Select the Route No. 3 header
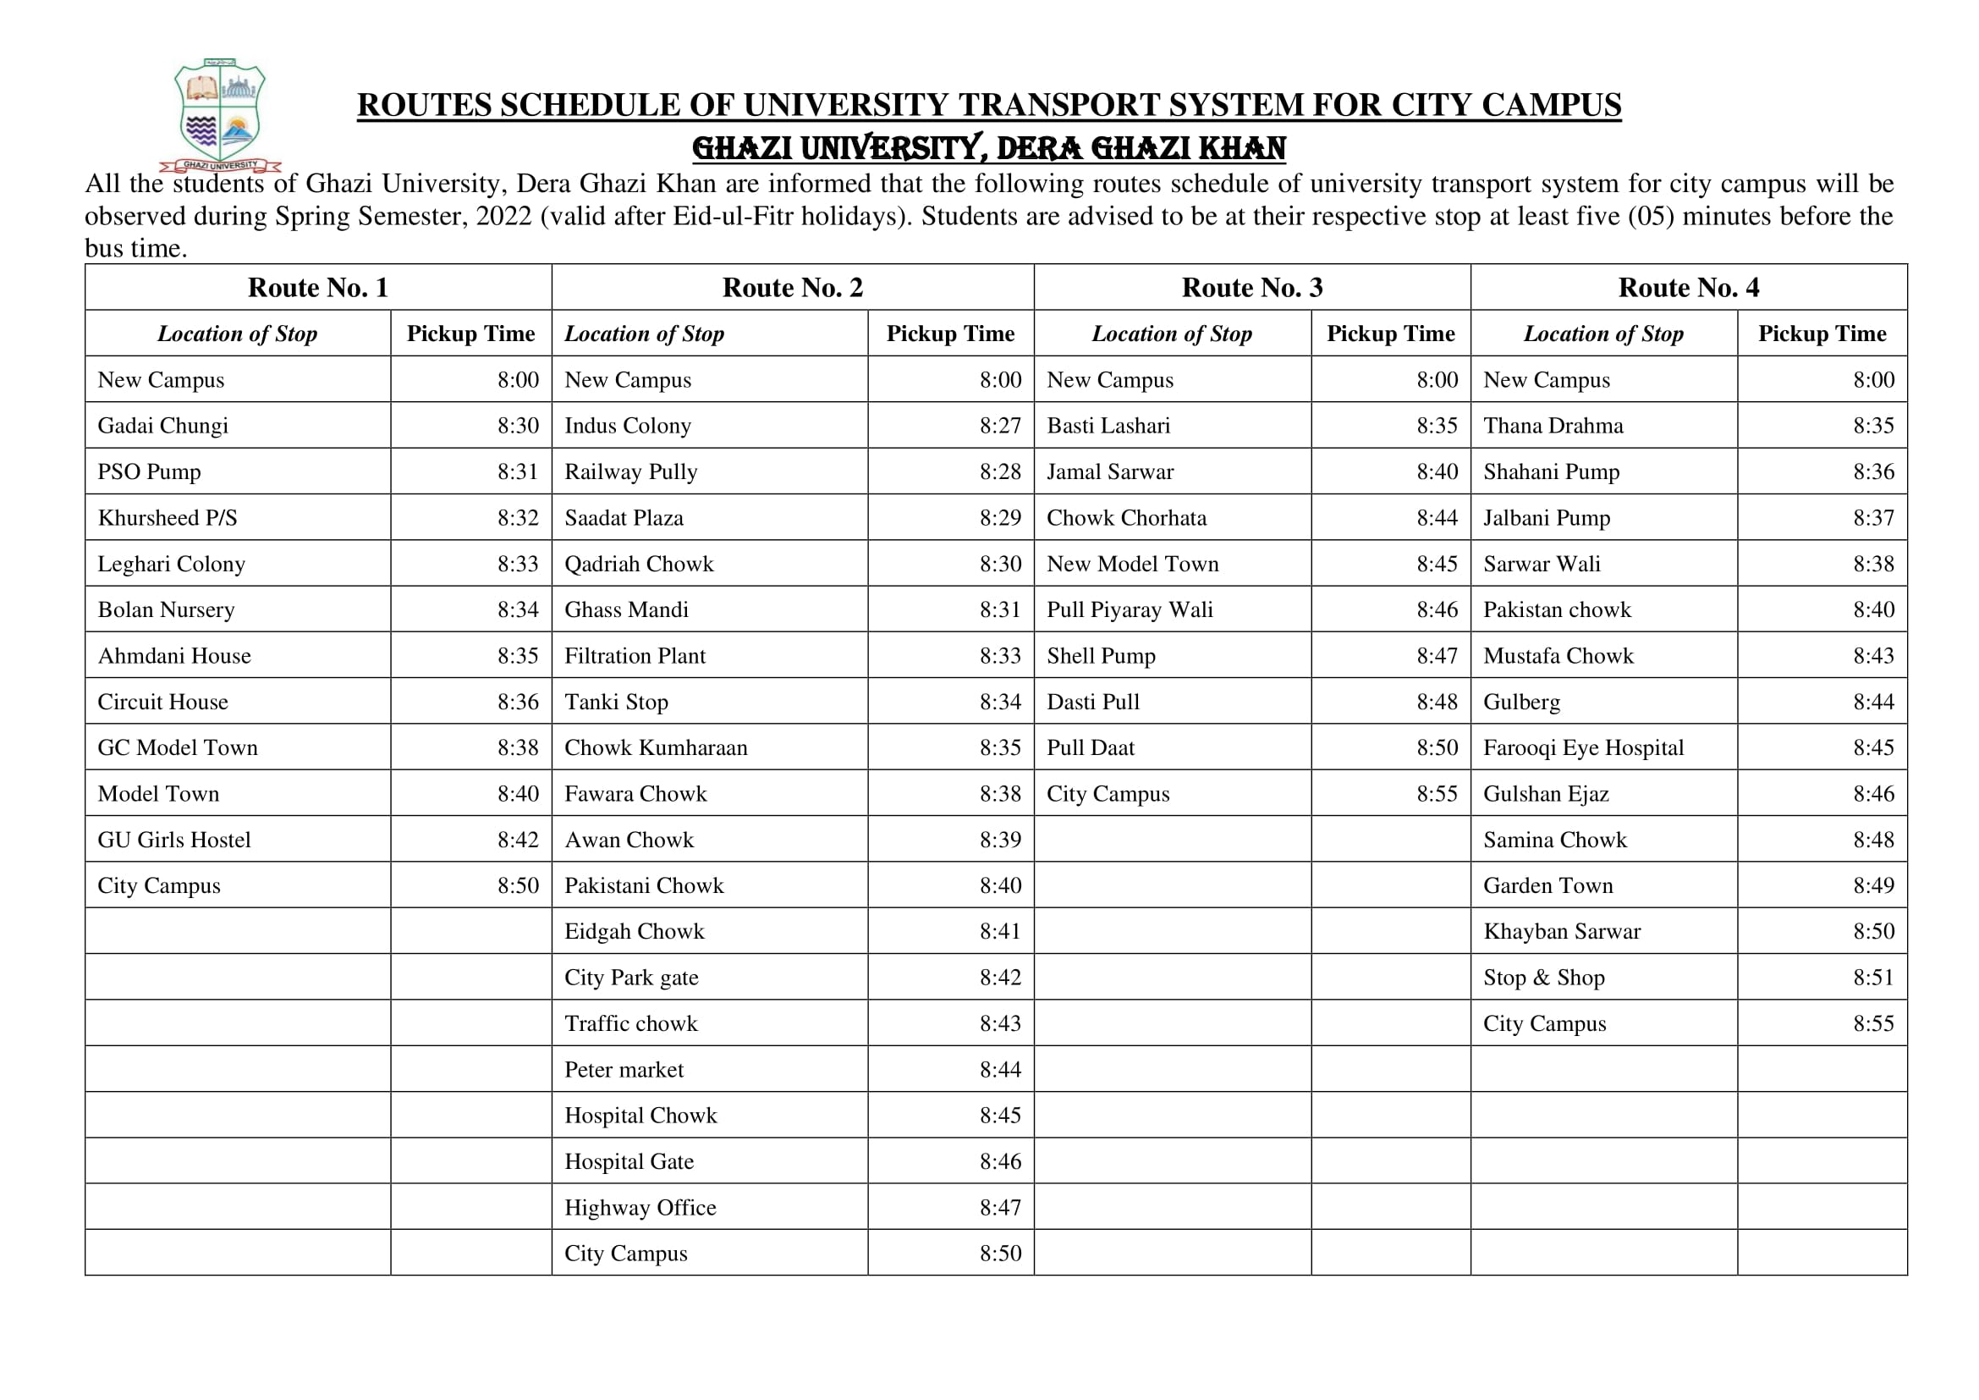tap(1251, 287)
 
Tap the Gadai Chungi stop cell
tap(163, 426)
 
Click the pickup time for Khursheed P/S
tap(517, 518)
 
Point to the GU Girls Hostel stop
tap(174, 840)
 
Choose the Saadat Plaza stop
tap(624, 518)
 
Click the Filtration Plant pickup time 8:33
tap(1000, 656)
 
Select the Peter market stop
tap(624, 1070)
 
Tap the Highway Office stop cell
tap(640, 1208)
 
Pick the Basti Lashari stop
tap(1108, 426)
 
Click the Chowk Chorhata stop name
tap(1126, 518)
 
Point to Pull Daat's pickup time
tap(1437, 748)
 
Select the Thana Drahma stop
tap(1553, 426)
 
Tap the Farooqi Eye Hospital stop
tap(1583, 748)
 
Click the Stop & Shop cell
tap(1544, 978)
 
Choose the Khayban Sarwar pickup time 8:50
tap(1874, 932)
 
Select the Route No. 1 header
tap(318, 287)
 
